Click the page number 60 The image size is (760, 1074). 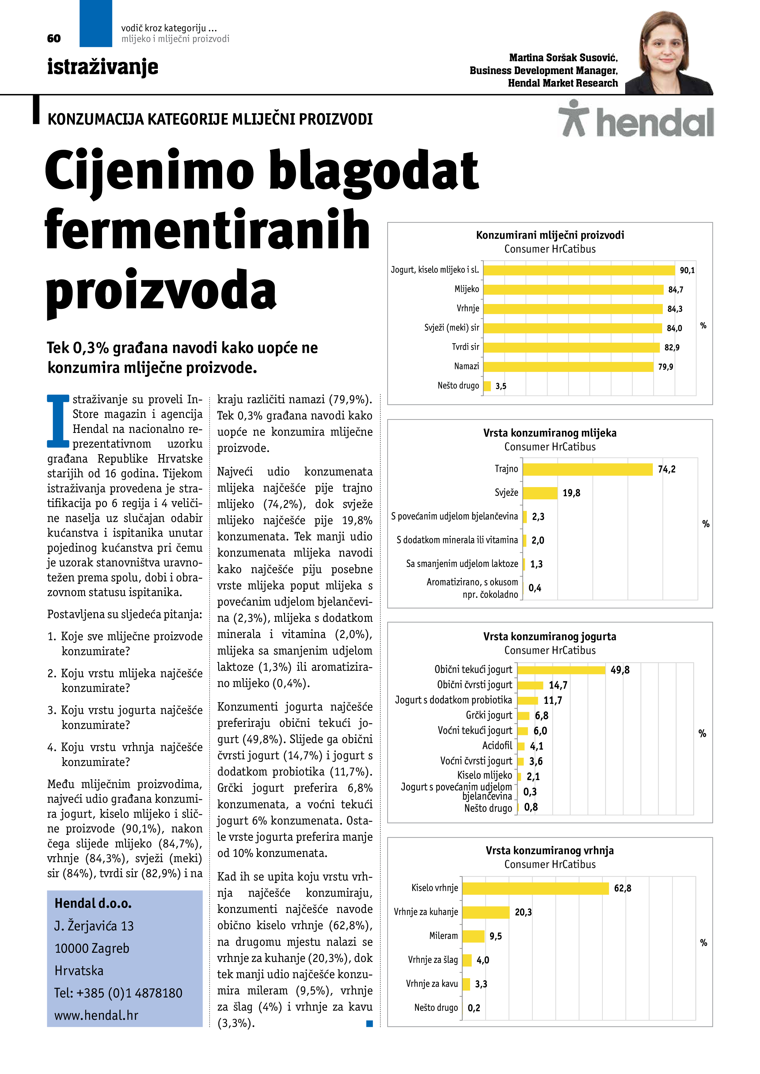54,38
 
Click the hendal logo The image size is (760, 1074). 636,119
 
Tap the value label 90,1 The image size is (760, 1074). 687,270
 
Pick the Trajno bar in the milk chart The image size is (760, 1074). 587,469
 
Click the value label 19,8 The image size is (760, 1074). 571,493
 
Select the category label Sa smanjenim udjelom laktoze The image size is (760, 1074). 462,564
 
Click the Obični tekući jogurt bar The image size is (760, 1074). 561,670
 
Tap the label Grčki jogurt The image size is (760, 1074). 489,715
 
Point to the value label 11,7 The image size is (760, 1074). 553,700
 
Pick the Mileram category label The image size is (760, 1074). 443,936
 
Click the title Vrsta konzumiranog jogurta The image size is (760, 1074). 550,637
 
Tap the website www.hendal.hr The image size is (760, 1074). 97,1016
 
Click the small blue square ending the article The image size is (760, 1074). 370,1023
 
